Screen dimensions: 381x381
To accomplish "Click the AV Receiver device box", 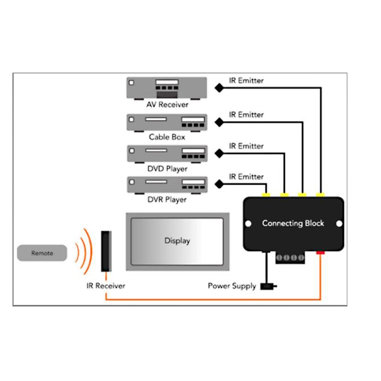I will point(167,88).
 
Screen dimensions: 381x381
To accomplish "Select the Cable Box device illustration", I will point(167,122).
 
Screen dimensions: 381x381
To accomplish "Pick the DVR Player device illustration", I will point(167,185).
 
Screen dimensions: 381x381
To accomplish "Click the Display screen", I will point(177,241).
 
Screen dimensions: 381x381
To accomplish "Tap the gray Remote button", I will point(42,253).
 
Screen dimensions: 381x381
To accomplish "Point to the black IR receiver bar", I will point(106,251).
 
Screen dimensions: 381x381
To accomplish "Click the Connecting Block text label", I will point(293,223).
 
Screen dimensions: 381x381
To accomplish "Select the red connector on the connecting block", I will point(320,252).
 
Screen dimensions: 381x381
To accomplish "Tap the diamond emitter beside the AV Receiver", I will point(219,88).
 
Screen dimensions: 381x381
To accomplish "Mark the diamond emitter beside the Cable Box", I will point(219,122).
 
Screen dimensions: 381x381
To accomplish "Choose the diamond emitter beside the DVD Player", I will point(219,153).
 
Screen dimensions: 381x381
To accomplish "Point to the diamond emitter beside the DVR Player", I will point(219,184).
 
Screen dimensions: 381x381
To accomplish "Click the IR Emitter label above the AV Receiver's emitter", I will point(246,81).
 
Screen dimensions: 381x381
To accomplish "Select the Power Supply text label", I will point(232,286).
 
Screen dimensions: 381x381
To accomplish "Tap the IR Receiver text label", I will point(106,286).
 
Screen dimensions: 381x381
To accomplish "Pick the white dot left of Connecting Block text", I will point(248,224).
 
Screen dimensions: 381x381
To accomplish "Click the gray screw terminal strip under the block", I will point(290,258).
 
